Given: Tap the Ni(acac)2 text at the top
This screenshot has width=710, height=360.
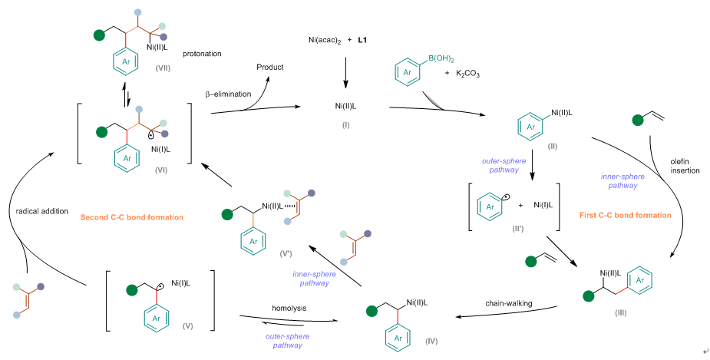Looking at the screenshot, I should [324, 38].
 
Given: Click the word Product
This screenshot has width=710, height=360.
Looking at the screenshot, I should [269, 68].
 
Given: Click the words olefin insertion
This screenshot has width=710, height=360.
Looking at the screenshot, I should [684, 164].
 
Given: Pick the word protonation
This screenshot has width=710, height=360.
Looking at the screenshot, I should [203, 54].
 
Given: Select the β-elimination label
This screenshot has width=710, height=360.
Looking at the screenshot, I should [227, 94].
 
